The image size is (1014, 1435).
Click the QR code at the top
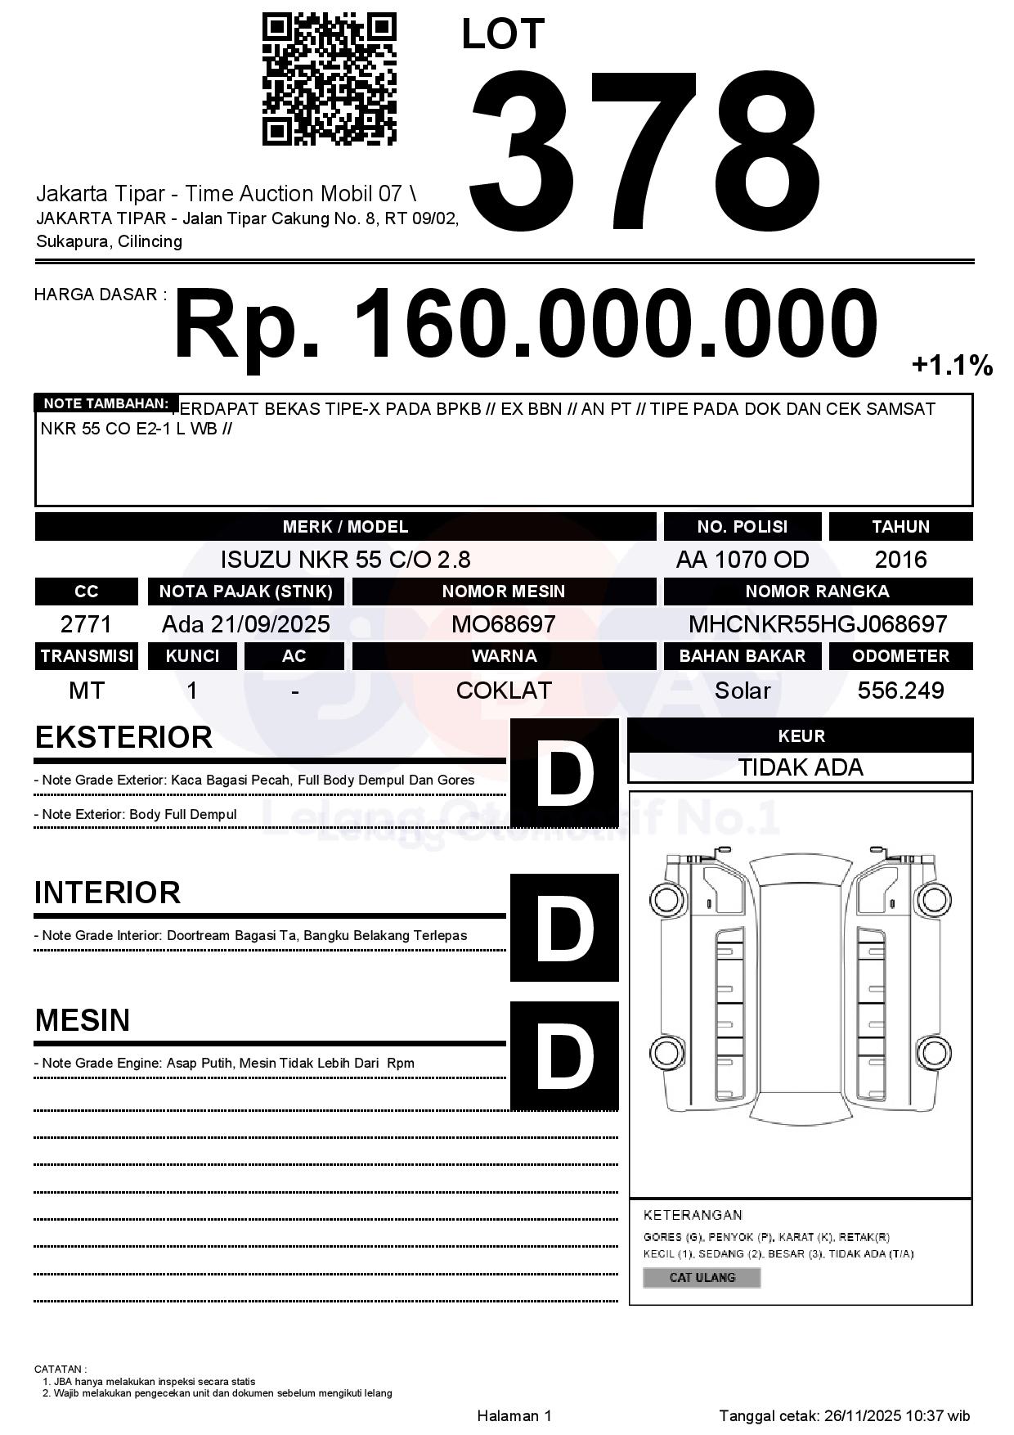click(x=329, y=79)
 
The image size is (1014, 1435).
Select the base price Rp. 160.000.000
click(x=525, y=324)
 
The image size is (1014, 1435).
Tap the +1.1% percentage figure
click(x=952, y=365)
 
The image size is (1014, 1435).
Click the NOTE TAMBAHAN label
click(x=105, y=403)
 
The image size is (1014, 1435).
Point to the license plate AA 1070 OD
click(x=742, y=560)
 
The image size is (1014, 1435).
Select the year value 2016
click(x=900, y=560)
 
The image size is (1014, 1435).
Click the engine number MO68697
click(x=503, y=624)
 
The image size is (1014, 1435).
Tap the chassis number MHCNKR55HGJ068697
click(x=817, y=624)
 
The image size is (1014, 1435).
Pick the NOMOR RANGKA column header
click(x=817, y=592)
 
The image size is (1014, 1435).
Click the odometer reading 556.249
click(x=900, y=691)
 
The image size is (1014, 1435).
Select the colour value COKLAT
click(x=503, y=691)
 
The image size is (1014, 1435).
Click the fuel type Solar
click(x=742, y=691)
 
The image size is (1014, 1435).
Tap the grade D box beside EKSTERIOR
click(x=564, y=772)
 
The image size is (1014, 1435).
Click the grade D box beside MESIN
click(x=564, y=1055)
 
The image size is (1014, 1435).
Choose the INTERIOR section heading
click(x=107, y=893)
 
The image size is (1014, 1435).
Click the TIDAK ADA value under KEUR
click(x=800, y=767)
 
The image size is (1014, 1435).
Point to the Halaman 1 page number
click(x=514, y=1416)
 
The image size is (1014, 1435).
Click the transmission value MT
click(x=86, y=691)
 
